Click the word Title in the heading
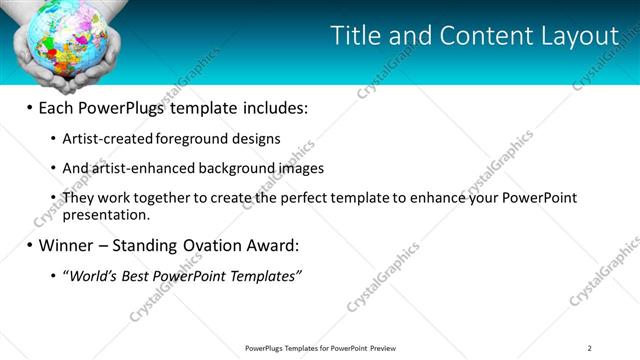(x=355, y=37)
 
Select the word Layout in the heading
(x=579, y=37)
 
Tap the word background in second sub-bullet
(x=235, y=169)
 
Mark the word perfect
(x=304, y=198)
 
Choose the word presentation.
(x=105, y=214)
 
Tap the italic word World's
(x=92, y=276)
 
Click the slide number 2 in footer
(x=589, y=348)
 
